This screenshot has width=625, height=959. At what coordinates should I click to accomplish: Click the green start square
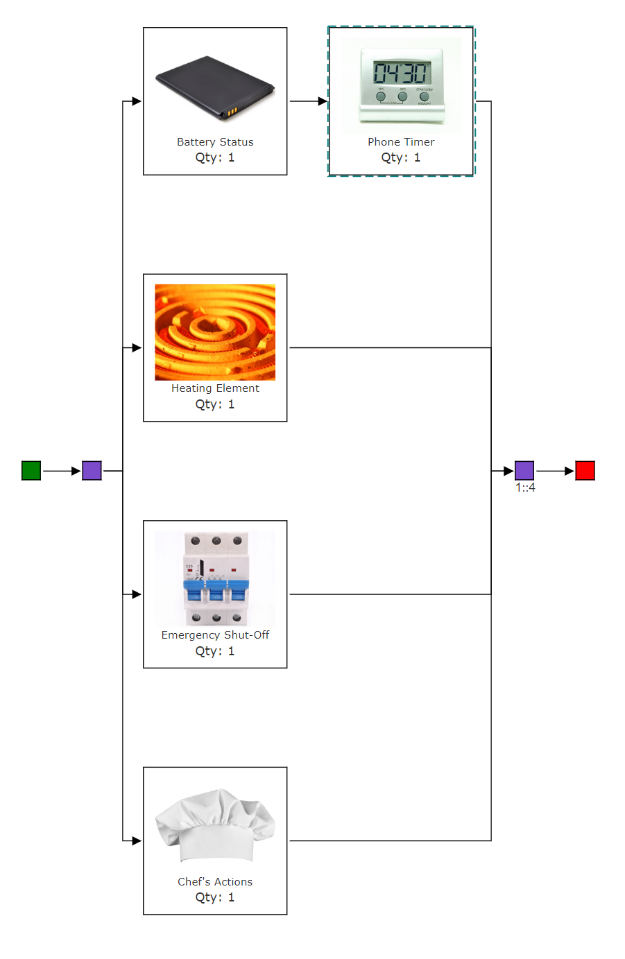coord(31,471)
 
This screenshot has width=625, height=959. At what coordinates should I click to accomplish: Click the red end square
coord(585,471)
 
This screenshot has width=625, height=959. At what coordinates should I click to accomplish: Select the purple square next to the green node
coord(92,471)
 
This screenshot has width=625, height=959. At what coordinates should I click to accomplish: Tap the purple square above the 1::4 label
coord(524,471)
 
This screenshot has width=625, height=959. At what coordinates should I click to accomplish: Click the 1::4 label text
coord(525,488)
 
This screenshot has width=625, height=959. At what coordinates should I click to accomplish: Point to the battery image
coord(215,87)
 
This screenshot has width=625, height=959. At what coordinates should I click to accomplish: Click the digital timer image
coord(401,86)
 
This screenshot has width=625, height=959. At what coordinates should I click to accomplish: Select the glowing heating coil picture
coord(215,332)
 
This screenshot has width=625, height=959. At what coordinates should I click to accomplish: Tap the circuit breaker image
coord(215,579)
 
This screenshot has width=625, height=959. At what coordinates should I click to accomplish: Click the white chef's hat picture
coord(215,824)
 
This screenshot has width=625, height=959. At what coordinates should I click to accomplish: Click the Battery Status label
coord(215,142)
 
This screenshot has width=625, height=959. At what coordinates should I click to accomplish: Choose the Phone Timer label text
coord(401,142)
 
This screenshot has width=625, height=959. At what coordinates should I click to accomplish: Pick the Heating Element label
coord(215,388)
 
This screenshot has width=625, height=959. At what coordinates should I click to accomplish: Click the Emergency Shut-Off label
coord(215,635)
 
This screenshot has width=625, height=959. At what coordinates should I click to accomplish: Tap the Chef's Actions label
coord(215,882)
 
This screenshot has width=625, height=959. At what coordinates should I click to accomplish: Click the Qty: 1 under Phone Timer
coord(401,157)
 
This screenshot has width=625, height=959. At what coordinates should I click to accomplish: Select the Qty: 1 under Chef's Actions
coord(215,897)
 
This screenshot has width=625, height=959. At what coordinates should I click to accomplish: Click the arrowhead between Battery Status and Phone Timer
coord(323,101)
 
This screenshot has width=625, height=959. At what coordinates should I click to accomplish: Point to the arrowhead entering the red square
coord(570,471)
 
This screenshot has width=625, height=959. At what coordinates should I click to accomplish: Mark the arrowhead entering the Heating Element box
coord(137,348)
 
